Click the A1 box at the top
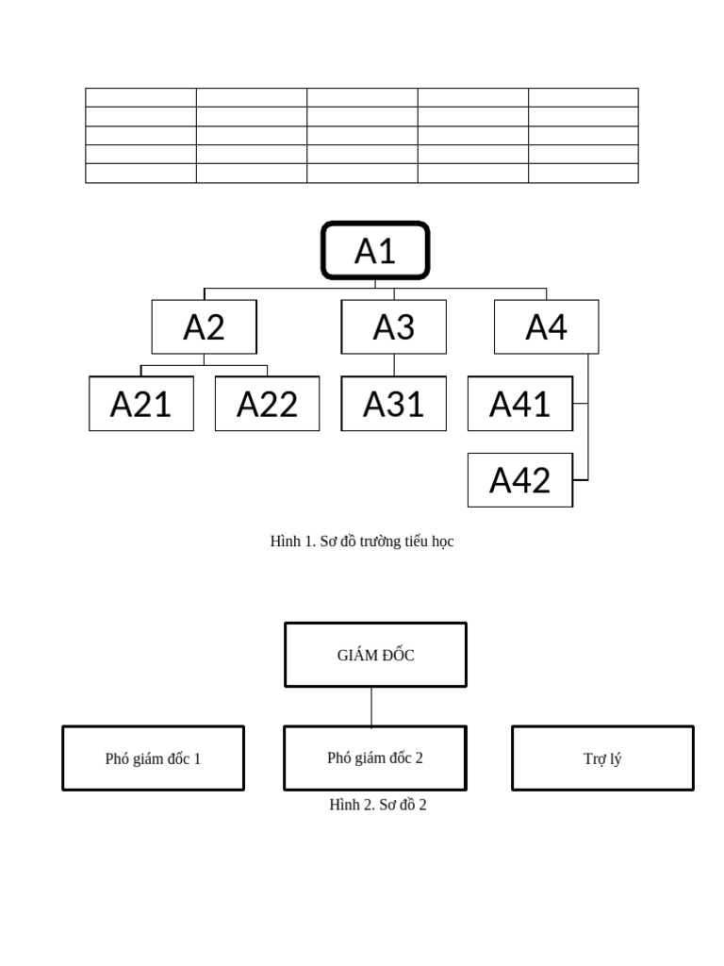click(375, 251)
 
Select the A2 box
click(204, 327)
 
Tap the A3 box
click(393, 327)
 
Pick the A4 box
click(546, 327)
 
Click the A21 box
click(141, 404)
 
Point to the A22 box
click(267, 404)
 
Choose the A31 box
click(393, 404)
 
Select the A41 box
click(519, 404)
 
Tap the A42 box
click(519, 480)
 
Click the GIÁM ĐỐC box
click(375, 655)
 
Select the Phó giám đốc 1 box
click(153, 758)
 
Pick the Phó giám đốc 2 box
click(374, 758)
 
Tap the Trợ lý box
click(602, 758)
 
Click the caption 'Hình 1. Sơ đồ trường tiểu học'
click(362, 541)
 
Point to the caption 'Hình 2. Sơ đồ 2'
click(377, 805)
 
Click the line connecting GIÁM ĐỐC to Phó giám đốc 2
click(371, 707)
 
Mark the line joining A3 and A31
click(394, 365)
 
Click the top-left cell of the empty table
click(140, 97)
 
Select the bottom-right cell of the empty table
click(583, 174)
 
